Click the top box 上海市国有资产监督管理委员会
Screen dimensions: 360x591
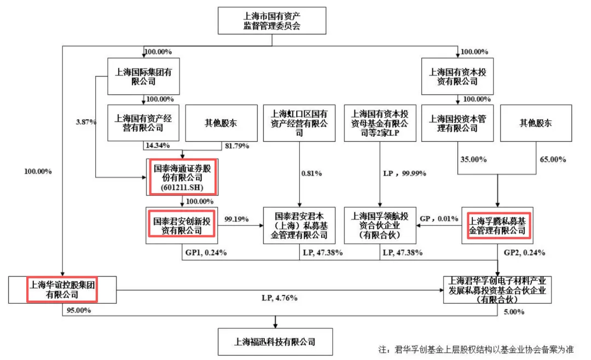[272, 20]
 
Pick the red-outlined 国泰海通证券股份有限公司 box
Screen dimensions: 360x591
[182, 176]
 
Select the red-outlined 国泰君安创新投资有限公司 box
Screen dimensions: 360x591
[182, 224]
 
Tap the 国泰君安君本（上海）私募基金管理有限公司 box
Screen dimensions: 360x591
[299, 225]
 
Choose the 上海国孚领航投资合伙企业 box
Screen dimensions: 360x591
[379, 225]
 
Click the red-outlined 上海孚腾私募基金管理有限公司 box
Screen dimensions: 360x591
[498, 225]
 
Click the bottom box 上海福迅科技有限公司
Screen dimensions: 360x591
[275, 341]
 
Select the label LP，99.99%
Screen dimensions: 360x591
[403, 173]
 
